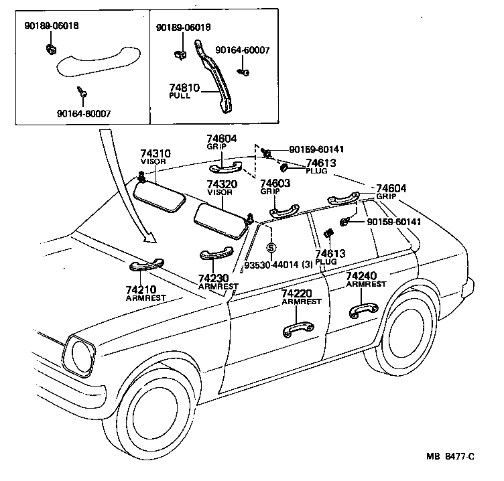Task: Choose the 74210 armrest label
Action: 141,289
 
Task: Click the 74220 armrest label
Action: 296,294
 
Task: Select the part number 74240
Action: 361,276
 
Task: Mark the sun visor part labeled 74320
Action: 222,219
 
